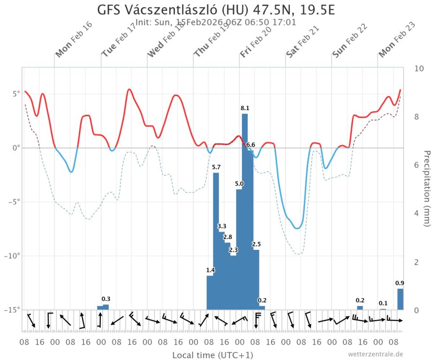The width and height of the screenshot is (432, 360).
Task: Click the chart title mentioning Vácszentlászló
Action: coord(216,10)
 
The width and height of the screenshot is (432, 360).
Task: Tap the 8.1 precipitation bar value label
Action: coord(244,108)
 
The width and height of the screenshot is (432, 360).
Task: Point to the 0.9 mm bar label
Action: coord(400,283)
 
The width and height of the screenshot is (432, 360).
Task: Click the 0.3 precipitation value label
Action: coord(106,299)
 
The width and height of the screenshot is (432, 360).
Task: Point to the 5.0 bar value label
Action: coord(239,184)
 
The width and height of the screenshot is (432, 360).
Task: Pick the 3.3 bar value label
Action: coord(222,226)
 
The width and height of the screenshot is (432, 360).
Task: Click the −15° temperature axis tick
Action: coord(13,310)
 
